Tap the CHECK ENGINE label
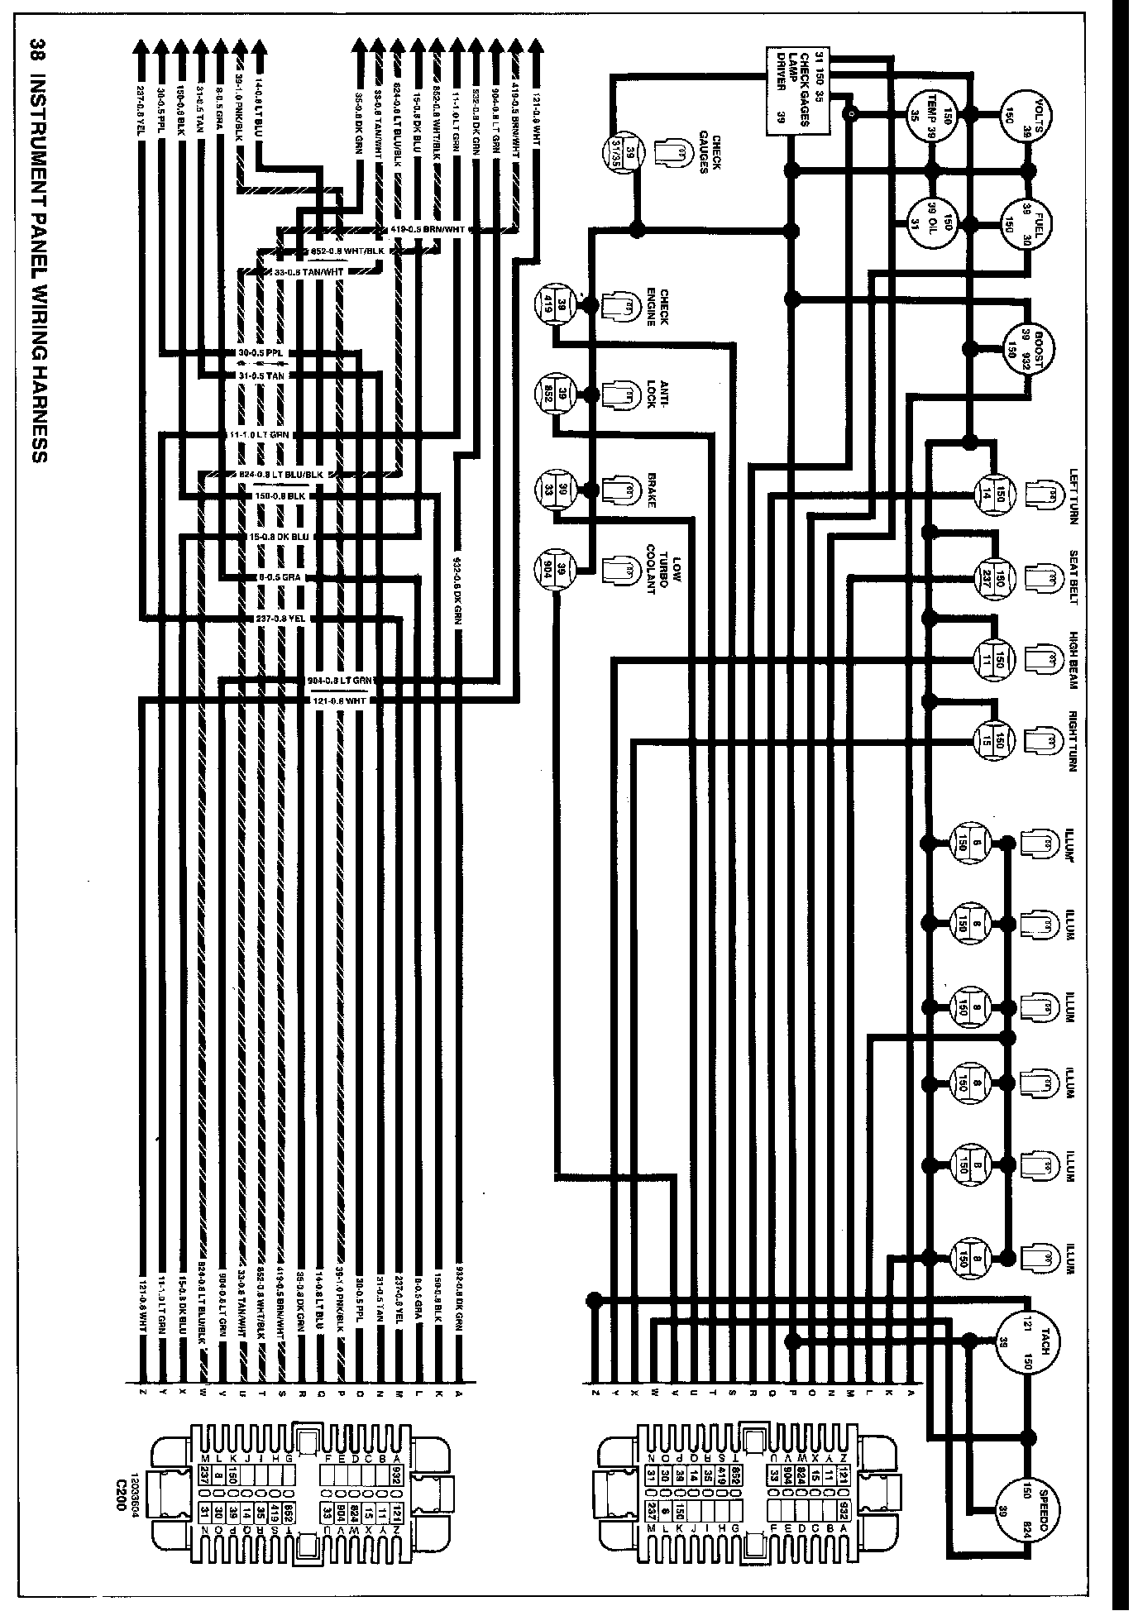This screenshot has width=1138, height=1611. pyautogui.click(x=657, y=307)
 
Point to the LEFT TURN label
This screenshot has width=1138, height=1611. pyautogui.click(x=1073, y=496)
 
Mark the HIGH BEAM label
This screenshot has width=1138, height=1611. pyautogui.click(x=1073, y=657)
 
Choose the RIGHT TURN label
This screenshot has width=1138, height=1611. pyautogui.click(x=1073, y=740)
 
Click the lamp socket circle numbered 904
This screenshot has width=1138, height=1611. pyautogui.click(x=558, y=569)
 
